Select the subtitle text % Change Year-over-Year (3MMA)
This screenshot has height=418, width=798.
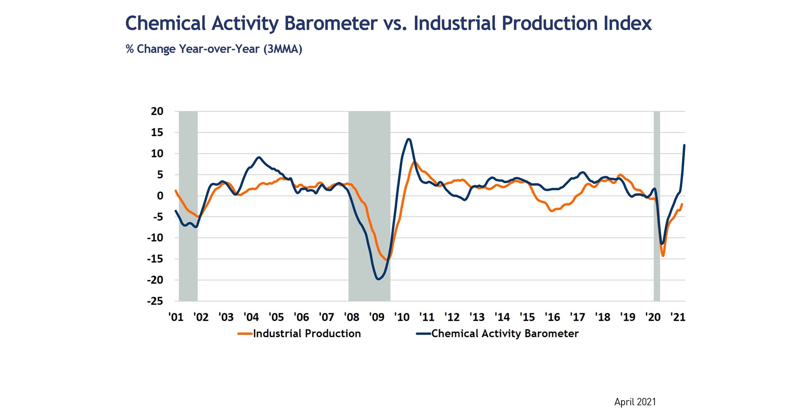point(214,49)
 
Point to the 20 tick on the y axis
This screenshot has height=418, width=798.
point(157,111)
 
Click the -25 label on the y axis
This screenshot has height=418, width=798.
point(155,301)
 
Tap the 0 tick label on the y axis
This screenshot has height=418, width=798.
point(160,196)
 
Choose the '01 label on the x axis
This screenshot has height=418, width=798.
point(176,317)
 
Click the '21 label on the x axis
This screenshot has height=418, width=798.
point(677,317)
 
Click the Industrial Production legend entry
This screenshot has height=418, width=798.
point(307,333)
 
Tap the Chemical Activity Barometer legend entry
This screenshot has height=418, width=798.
point(505,333)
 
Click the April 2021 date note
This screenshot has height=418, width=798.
point(635,402)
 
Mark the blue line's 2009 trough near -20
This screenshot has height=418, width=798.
point(378,279)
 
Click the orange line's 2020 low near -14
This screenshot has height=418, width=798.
point(663,256)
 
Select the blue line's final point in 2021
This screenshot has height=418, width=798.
point(684,145)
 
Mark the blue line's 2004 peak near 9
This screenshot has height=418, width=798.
point(259,157)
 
